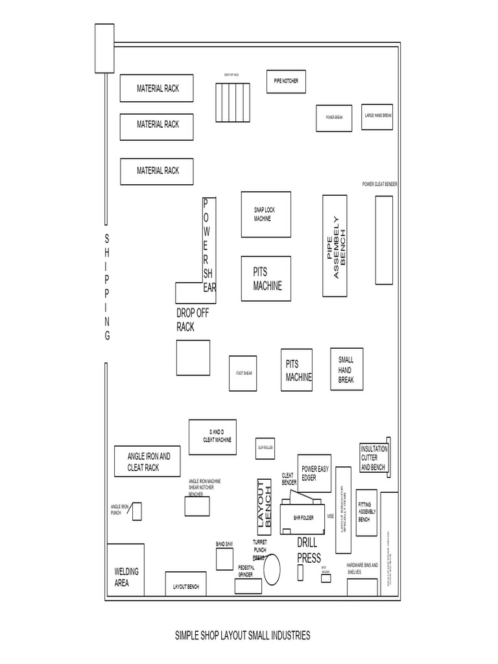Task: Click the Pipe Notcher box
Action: point(285,80)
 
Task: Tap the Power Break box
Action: point(334,117)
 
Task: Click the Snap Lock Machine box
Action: point(266,215)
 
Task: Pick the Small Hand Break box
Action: point(346,370)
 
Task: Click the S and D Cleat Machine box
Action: point(212,437)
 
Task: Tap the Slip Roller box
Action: point(266,447)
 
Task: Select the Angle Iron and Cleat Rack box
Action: point(148,462)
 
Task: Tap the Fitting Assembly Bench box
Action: point(366,512)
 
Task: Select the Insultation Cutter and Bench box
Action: point(373,458)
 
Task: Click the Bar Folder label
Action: point(303,517)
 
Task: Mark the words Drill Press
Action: point(309,550)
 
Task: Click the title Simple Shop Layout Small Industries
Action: point(243,635)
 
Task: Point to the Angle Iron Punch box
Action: point(137,511)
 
